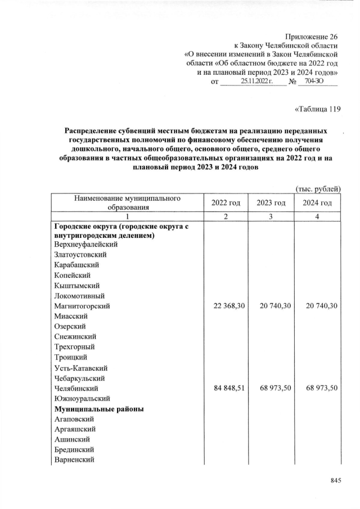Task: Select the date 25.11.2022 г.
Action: [x=256, y=82]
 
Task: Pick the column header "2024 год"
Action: [x=317, y=202]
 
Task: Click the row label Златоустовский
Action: [x=81, y=254]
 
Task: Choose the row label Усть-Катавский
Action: [x=81, y=368]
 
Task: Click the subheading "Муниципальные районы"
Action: [x=100, y=409]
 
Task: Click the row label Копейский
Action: [x=73, y=275]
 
